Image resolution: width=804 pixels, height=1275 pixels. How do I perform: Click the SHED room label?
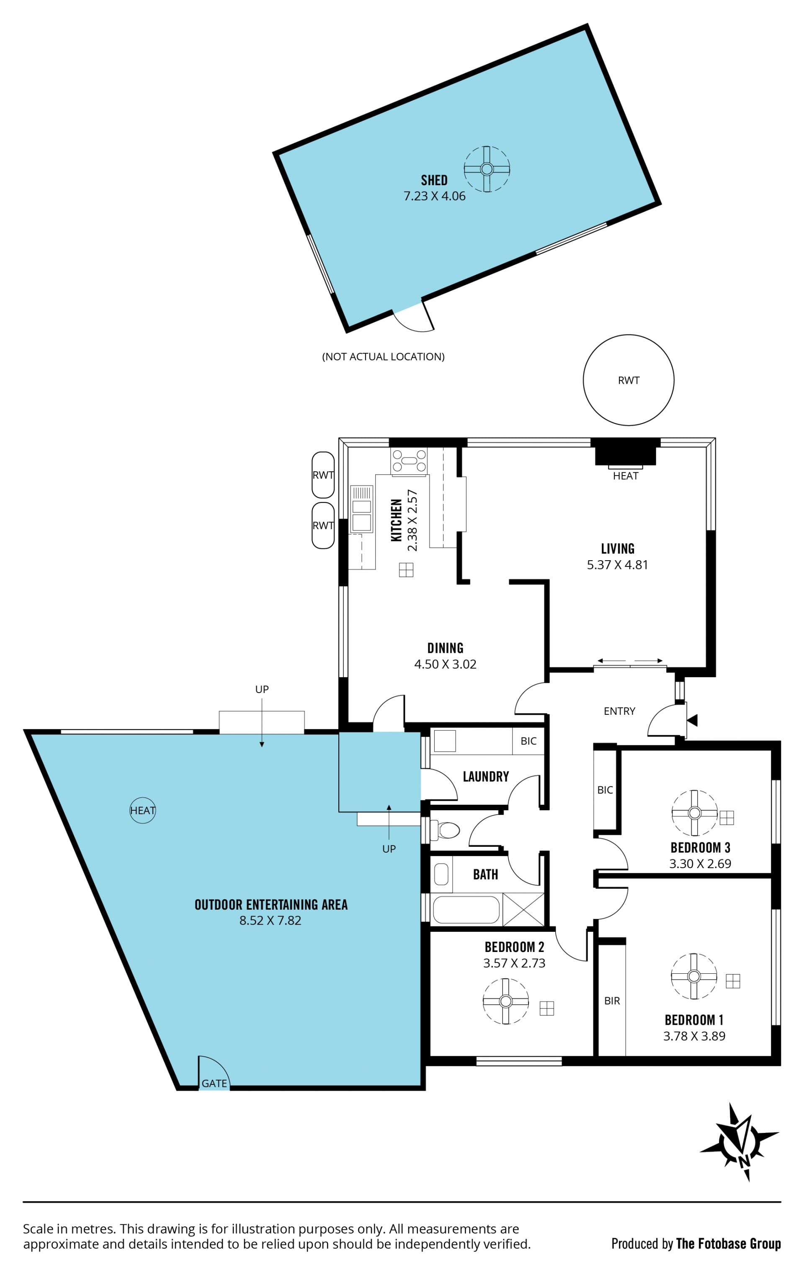coord(434,180)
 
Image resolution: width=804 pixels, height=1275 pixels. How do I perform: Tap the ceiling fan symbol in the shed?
coord(487,169)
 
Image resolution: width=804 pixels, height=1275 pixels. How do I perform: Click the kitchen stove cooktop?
coord(409,460)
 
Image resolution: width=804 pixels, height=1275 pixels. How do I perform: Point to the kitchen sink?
coord(361,508)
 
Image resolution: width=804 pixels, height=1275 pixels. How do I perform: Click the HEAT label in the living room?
coord(626,476)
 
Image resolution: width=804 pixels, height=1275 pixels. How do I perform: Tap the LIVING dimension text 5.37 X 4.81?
coord(617,564)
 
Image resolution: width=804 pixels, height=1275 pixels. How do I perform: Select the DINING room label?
coord(445,648)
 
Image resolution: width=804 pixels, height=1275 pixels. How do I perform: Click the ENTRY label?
coord(619,711)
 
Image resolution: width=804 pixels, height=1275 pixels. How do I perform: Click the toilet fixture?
coord(445,830)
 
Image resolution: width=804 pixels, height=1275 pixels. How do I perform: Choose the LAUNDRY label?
coord(486,777)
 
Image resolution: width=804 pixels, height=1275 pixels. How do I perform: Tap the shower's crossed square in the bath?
coord(523,909)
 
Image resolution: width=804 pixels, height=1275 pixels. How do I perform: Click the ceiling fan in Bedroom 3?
coord(694,813)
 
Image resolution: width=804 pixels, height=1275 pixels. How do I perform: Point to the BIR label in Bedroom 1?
coord(612,1001)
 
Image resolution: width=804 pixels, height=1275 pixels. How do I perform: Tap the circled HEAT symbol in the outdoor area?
coord(143,810)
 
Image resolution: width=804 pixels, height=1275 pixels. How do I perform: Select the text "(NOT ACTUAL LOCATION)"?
coord(383,357)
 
